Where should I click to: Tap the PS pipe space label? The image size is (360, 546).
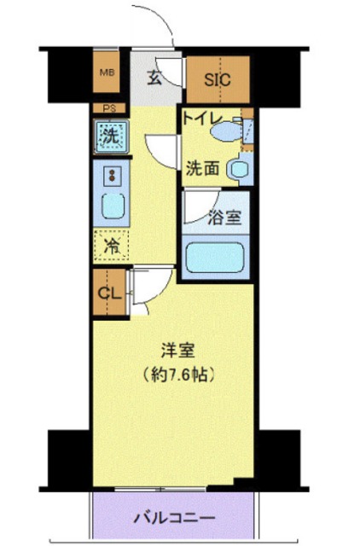109,107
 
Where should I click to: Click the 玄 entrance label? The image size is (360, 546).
154,78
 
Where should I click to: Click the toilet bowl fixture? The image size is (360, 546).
223,132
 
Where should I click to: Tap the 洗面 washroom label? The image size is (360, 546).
203,168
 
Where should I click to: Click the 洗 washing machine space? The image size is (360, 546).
110,135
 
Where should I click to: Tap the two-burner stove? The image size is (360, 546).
110,176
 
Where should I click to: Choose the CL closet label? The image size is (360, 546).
108,293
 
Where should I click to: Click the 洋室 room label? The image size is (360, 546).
178,351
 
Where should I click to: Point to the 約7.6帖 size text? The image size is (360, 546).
179,374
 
